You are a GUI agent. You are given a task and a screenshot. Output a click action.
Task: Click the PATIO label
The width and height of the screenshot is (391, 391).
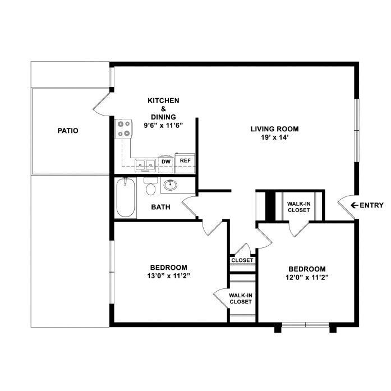point(67,131)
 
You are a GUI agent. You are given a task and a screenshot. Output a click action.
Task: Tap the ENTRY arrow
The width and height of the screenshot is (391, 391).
point(355,205)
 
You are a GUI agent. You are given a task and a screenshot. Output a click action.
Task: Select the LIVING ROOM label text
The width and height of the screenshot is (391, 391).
point(270,128)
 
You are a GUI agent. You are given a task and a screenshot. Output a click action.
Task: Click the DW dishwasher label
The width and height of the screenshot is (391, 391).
point(165,162)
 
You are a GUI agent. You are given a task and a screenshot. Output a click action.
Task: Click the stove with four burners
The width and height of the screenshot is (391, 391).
point(123,129)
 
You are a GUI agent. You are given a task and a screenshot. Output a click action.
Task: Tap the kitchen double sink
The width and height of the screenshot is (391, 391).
point(146,164)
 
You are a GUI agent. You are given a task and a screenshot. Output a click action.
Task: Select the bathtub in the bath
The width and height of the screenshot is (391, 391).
point(126,198)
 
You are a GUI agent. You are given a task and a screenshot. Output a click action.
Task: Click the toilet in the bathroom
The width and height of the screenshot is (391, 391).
point(150,187)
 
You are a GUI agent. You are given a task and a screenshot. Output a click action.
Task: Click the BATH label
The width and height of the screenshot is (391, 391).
point(161,207)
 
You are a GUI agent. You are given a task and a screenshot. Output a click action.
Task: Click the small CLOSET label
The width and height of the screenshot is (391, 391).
point(242,260)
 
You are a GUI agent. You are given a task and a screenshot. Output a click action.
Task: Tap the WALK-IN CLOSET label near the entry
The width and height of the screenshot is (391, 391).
point(298,207)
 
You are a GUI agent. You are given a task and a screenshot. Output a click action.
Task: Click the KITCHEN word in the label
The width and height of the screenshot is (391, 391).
point(163,100)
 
